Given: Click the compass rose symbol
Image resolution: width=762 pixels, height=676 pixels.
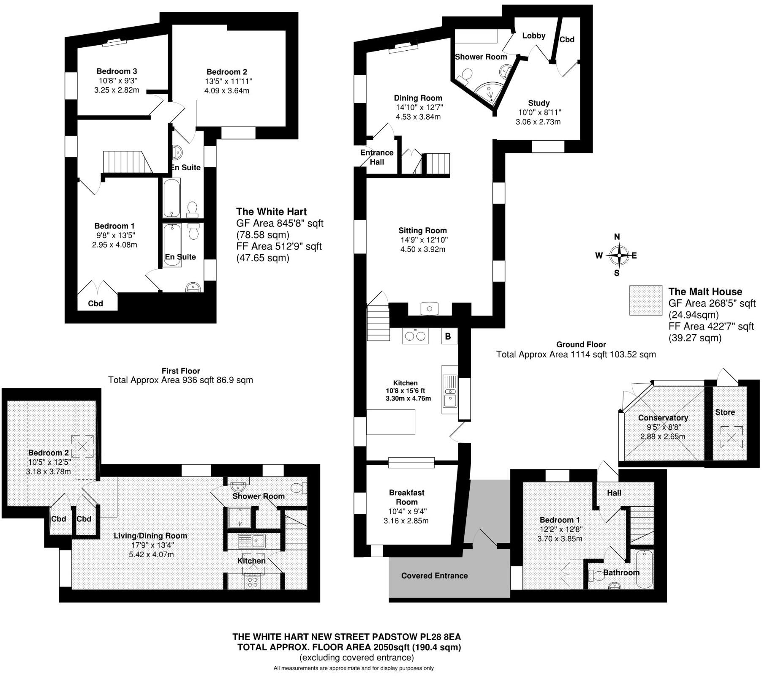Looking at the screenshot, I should tap(618, 255).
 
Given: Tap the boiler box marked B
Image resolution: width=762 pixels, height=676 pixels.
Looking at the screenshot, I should tap(448, 336).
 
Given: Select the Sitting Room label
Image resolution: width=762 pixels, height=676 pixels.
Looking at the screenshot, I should tap(422, 230).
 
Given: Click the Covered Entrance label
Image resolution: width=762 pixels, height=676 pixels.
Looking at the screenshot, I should tap(434, 575).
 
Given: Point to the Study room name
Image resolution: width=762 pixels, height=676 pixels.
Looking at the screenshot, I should tap(539, 103).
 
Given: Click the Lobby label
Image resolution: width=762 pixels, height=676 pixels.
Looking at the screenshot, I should tap(533, 35).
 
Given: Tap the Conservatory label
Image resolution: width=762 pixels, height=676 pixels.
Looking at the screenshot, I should tap(663, 417).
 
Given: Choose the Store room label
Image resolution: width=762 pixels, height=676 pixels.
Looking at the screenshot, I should tap(725, 412).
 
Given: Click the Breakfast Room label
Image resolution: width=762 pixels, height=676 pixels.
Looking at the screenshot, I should tap(406, 497).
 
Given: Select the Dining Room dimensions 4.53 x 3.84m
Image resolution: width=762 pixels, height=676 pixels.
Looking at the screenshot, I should tap(418, 117).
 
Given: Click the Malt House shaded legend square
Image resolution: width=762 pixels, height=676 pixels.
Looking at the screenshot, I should tap(645, 300).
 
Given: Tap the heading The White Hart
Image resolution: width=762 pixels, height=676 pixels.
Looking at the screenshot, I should tap(271, 212).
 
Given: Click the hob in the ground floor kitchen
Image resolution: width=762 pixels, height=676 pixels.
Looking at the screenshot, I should tap(415, 336).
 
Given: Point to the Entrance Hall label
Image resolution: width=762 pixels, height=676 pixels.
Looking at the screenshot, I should tap(377, 157).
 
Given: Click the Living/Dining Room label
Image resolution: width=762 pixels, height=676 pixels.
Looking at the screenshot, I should tap(150, 535).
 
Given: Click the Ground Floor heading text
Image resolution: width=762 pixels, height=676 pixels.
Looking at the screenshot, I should tap(581, 344).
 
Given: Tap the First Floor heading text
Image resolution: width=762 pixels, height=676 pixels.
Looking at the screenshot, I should tap(181, 371).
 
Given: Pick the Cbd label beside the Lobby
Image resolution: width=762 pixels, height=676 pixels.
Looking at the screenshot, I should tap(567, 39).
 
